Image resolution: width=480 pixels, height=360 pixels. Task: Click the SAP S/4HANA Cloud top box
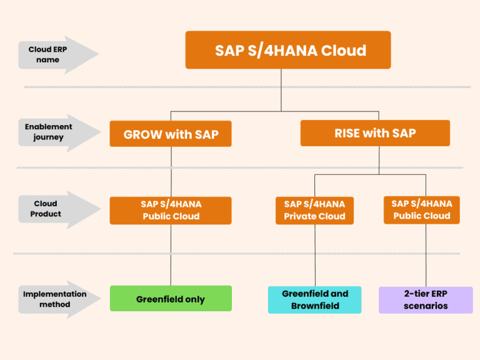click(288, 50)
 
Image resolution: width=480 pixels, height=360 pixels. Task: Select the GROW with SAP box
click(171, 134)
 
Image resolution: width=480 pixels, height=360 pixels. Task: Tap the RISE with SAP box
click(375, 133)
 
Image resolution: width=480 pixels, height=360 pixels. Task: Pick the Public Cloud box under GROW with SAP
click(171, 211)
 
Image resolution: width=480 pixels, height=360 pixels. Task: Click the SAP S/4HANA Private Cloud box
click(315, 211)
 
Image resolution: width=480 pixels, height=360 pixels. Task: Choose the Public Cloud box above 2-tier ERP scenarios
click(422, 210)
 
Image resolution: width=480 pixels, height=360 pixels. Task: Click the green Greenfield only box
click(171, 299)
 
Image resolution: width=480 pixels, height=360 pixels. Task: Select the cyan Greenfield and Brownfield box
click(315, 300)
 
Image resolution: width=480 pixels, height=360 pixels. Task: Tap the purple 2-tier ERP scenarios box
click(426, 300)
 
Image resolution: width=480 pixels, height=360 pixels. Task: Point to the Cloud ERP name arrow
click(58, 55)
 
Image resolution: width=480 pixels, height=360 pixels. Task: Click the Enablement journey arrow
click(59, 133)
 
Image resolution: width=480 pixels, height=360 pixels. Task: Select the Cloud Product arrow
click(59, 210)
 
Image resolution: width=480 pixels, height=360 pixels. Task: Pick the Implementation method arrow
click(59, 300)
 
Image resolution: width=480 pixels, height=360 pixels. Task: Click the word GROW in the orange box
click(142, 134)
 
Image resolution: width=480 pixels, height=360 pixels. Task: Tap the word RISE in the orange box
click(347, 133)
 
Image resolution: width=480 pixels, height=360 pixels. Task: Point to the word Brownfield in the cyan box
click(315, 306)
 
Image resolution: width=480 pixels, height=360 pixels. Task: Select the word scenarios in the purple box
click(426, 306)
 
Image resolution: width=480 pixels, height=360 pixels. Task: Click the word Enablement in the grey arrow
click(48, 127)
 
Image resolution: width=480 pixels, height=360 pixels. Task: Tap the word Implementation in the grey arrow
click(55, 294)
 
